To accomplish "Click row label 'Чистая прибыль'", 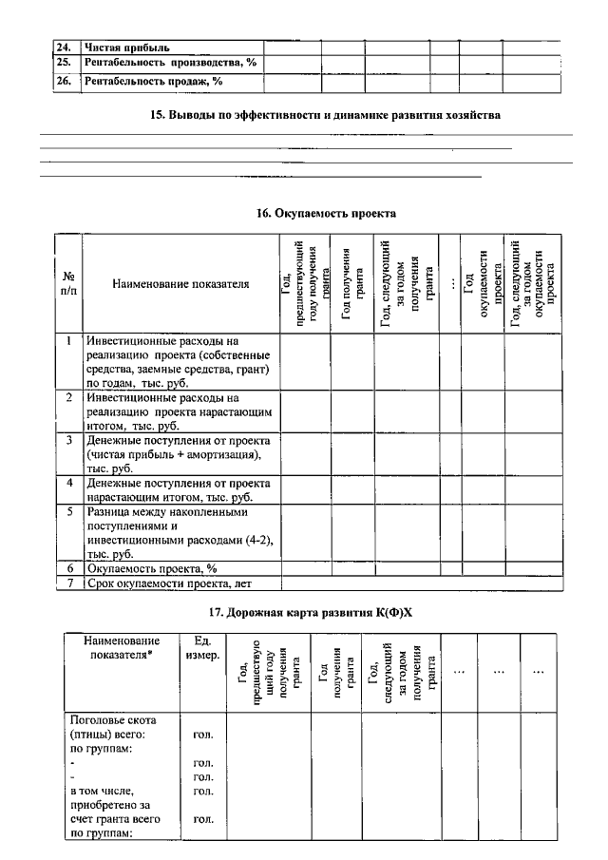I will click(126, 47).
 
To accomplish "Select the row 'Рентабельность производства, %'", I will click(171, 63).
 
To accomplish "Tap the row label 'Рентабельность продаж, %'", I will click(153, 82).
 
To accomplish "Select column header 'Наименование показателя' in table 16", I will click(180, 283).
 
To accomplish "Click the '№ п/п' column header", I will click(68, 283).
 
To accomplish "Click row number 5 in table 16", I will click(69, 511).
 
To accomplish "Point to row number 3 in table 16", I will click(69, 441).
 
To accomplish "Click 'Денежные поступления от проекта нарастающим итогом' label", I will click(180, 489).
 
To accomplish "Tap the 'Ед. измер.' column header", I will click(200, 648).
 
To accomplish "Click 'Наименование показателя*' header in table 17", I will click(120, 648).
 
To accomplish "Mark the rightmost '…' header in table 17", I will click(539, 672).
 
